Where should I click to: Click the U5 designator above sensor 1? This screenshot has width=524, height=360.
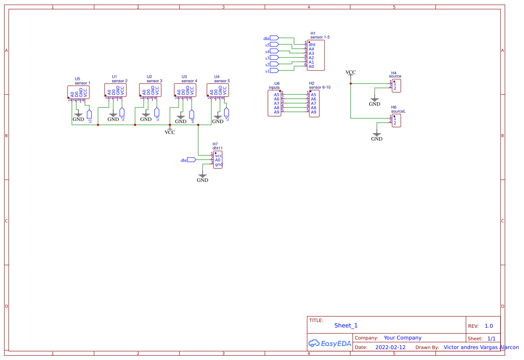pos(78,79)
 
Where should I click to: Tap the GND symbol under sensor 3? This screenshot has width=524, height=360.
pos(146,116)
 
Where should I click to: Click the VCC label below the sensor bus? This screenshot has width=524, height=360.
pos(170,132)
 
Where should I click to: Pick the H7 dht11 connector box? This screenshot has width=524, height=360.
pos(218,160)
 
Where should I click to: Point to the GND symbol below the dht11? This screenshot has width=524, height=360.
pos(203,177)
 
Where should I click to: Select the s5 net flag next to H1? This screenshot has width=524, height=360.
pos(274,45)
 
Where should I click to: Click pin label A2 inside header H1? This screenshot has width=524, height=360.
pos(311,58)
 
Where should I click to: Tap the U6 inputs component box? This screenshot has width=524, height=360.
pos(274,103)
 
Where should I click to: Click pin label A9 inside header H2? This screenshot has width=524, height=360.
pos(314,112)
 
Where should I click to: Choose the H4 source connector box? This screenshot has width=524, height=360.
pos(396,86)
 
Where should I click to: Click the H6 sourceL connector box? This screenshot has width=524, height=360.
pos(396,120)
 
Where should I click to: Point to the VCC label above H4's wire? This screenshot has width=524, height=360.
pos(351,72)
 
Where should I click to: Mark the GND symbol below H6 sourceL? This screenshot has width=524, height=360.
pos(377,136)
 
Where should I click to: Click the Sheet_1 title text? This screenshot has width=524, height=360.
pos(346,326)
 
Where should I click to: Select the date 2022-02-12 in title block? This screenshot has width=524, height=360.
pos(390,347)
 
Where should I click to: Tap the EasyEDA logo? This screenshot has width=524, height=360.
pos(330,343)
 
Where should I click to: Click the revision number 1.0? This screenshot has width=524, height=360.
pos(489,326)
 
